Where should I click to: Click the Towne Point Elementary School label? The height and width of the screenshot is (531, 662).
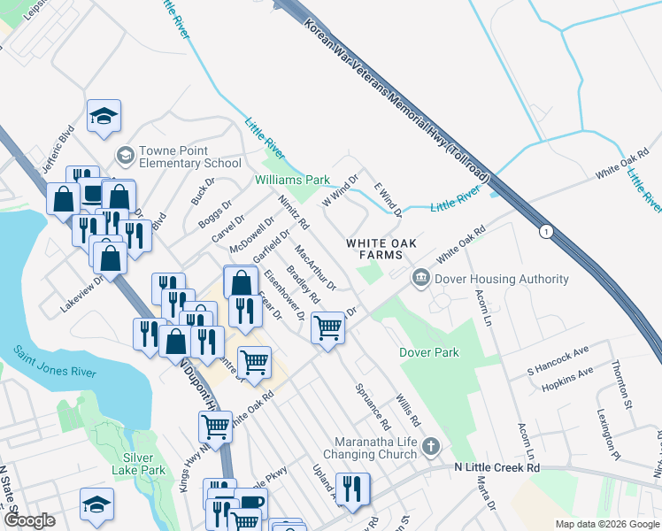pos(184,157)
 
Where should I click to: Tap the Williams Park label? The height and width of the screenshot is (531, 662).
pos(292,180)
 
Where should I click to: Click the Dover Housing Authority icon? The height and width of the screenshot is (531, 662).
pos(420,279)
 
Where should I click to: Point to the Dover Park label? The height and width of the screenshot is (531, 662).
pos(429,352)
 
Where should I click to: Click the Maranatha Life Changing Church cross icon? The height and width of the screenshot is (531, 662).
pos(431,445)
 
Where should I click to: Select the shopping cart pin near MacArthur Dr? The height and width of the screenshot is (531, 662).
pos(328,327)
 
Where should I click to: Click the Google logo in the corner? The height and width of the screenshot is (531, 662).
pos(30,521)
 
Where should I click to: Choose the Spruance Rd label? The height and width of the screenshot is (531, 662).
pos(372,403)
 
